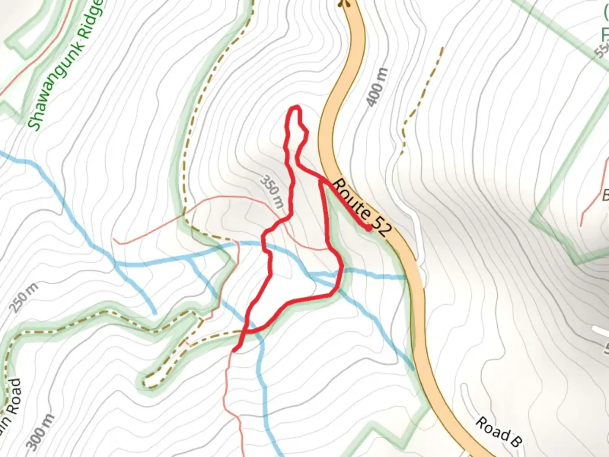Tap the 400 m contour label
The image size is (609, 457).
coord(376,87)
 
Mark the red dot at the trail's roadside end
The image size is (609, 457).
coord(368,228)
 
